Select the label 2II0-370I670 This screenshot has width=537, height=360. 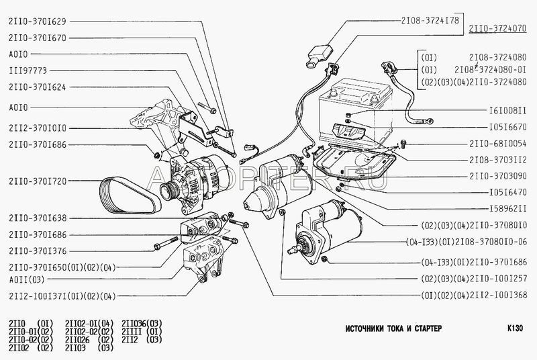click(38, 39)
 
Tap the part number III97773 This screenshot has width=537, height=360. click(28, 70)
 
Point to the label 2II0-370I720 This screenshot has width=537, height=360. click(38, 181)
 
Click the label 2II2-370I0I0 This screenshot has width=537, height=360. click(38, 127)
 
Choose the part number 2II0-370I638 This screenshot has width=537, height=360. click(38, 218)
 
